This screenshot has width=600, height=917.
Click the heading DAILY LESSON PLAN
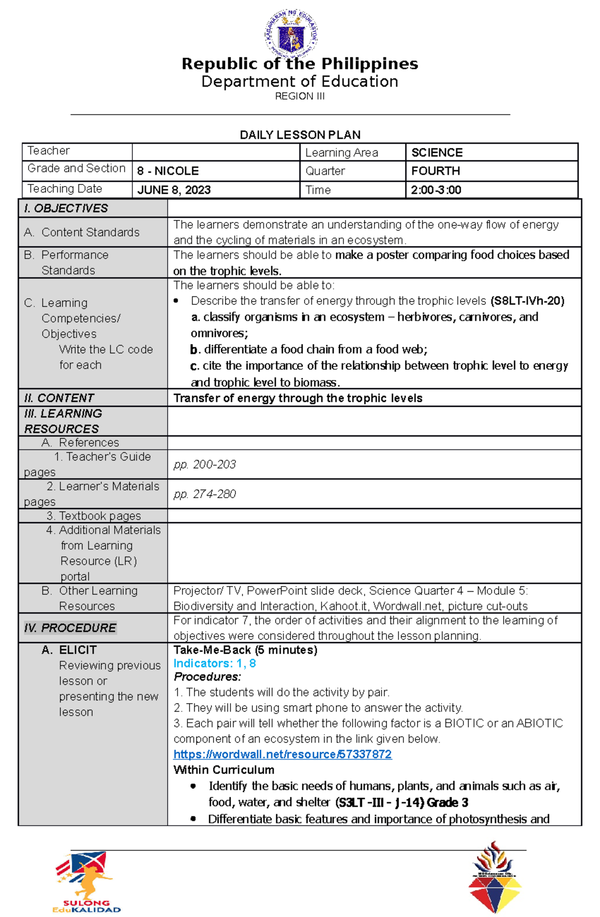click(x=300, y=135)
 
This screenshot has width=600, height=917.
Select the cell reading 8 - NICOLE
click(x=168, y=171)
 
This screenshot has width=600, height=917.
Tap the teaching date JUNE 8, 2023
click(x=174, y=190)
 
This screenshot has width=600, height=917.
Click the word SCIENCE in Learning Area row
click(x=437, y=152)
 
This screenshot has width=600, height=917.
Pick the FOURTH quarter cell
click(x=435, y=171)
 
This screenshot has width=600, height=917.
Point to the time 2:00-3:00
click(x=436, y=190)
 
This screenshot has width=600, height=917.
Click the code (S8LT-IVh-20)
click(x=527, y=301)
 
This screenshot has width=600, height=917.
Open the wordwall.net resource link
click(x=282, y=754)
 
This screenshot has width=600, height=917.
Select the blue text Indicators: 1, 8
click(x=214, y=663)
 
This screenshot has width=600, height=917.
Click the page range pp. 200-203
click(x=204, y=464)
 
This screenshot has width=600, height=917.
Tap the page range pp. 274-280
click(x=204, y=494)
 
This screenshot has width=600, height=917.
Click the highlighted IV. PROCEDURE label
click(x=70, y=628)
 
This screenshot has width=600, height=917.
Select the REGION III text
click(x=299, y=96)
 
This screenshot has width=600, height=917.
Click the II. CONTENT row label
click(x=59, y=398)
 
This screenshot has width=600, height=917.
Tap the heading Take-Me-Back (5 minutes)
click(x=245, y=650)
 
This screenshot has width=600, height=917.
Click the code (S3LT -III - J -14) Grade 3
click(x=401, y=803)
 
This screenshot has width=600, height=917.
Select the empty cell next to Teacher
click(x=215, y=152)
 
